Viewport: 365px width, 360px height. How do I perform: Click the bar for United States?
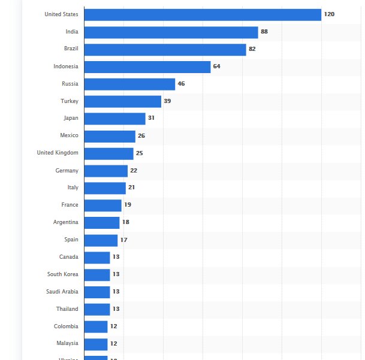pyautogui.click(x=203, y=14)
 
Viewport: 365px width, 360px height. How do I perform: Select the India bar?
pyautogui.click(x=171, y=32)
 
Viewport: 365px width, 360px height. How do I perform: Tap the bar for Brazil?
pyautogui.click(x=165, y=49)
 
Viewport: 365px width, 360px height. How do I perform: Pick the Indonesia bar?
pyautogui.click(x=147, y=66)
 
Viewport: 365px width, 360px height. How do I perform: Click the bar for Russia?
pyautogui.click(x=129, y=84)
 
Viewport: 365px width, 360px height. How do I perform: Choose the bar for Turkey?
pyautogui.click(x=123, y=101)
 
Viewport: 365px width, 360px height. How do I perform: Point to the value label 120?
pyautogui.click(x=329, y=14)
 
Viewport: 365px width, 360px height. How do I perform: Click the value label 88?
pyautogui.click(x=264, y=32)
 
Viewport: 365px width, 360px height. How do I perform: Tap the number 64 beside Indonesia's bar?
pyautogui.click(x=217, y=66)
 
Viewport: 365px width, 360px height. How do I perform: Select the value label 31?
pyautogui.click(x=152, y=118)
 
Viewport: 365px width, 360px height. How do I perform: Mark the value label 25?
pyautogui.click(x=140, y=153)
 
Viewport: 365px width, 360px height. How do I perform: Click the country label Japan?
pyautogui.click(x=71, y=118)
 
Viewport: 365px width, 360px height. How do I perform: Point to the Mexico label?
pyautogui.click(x=69, y=135)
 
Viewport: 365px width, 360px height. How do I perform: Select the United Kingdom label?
pyautogui.click(x=58, y=153)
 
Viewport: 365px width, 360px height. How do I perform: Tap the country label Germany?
pyautogui.click(x=67, y=171)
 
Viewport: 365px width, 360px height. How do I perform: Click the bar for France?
pyautogui.click(x=102, y=205)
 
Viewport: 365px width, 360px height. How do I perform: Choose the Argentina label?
pyautogui.click(x=65, y=222)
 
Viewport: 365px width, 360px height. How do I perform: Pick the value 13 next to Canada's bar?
pyautogui.click(x=116, y=257)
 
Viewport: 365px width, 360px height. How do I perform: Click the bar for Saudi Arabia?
pyautogui.click(x=97, y=292)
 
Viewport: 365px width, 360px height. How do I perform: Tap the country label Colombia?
pyautogui.click(x=66, y=326)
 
